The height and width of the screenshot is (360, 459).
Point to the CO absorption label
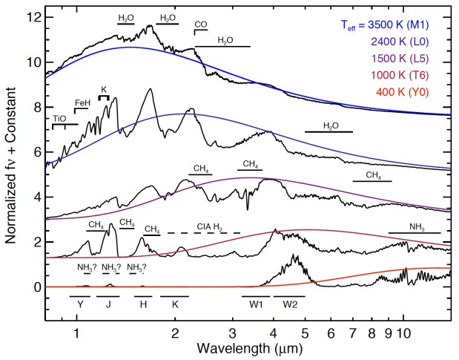coord(200,24)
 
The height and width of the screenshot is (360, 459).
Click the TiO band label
coord(59,118)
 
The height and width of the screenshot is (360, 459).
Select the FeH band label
coord(82,102)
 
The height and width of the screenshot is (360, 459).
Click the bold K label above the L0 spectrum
coord(104,89)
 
